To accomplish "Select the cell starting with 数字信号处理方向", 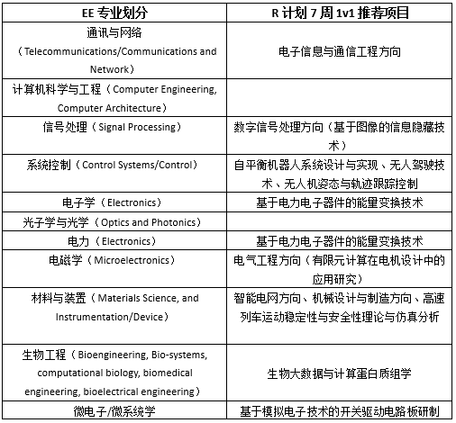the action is point(340,136).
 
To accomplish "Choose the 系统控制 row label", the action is point(50,165).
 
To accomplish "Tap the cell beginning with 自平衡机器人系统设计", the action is point(340,173).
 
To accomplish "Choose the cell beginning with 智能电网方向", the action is point(340,306).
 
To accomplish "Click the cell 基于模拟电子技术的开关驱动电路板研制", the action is point(340,411).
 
